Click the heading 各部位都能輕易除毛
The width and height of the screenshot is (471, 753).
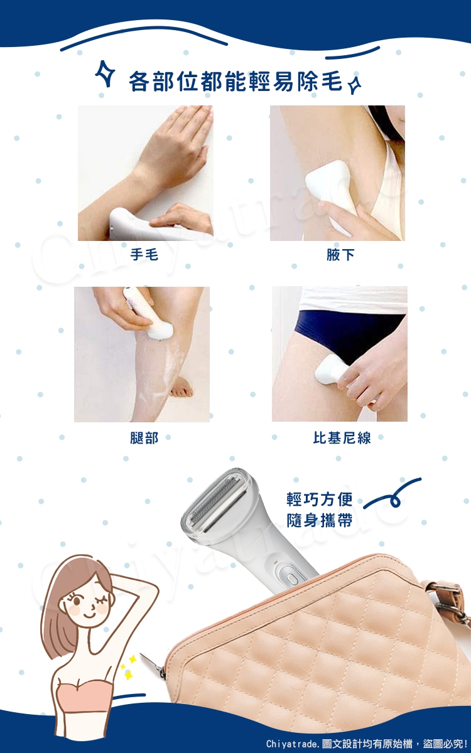(235, 82)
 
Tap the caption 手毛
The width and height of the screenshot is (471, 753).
(144, 255)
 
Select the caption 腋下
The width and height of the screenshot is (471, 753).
(340, 255)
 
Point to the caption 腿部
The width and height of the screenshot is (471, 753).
(144, 438)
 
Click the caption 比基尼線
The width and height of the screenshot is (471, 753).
(342, 438)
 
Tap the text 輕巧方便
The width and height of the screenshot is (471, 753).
(320, 499)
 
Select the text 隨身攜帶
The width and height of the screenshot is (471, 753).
(320, 520)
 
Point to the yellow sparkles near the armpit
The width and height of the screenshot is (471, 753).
(128, 666)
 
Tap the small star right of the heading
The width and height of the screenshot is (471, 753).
(355, 85)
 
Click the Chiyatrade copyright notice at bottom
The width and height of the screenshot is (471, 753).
(366, 743)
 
